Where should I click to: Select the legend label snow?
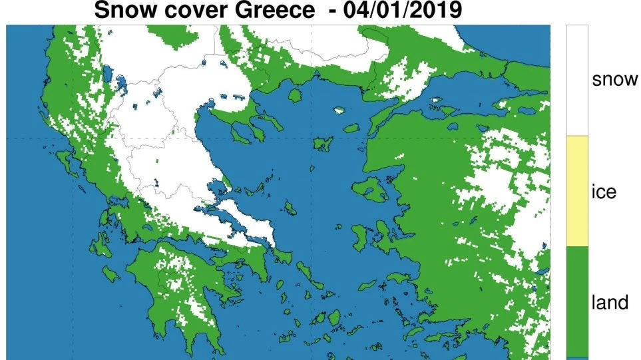pyautogui.click(x=614, y=80)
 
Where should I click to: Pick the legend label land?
pyautogui.click(x=610, y=303)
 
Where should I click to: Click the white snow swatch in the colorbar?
pyautogui.click(x=577, y=80)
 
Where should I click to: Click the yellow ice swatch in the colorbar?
pyautogui.click(x=577, y=192)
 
